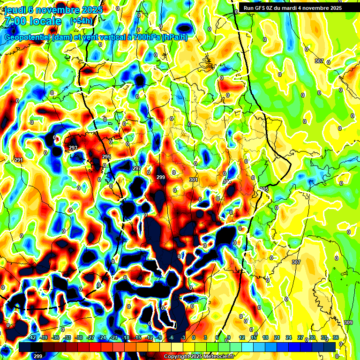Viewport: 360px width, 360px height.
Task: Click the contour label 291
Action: [19, 160]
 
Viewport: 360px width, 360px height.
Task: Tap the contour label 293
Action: [73, 148]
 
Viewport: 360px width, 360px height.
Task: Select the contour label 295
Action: [106, 157]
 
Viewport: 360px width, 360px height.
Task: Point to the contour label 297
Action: [136, 168]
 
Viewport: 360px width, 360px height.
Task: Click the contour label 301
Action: [193, 180]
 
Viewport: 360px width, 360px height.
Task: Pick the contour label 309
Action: [348, 322]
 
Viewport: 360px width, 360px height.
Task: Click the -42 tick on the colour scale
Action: [32, 337]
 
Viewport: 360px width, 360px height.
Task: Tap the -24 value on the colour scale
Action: [102, 337]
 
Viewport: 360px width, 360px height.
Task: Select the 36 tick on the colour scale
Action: [336, 337]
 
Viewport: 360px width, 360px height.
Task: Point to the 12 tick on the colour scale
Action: [242, 337]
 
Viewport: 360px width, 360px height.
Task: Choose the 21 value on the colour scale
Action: [277, 337]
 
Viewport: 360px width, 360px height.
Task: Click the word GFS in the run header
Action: [260, 8]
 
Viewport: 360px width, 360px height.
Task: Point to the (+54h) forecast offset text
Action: [81, 21]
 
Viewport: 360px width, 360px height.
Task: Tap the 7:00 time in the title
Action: [15, 21]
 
